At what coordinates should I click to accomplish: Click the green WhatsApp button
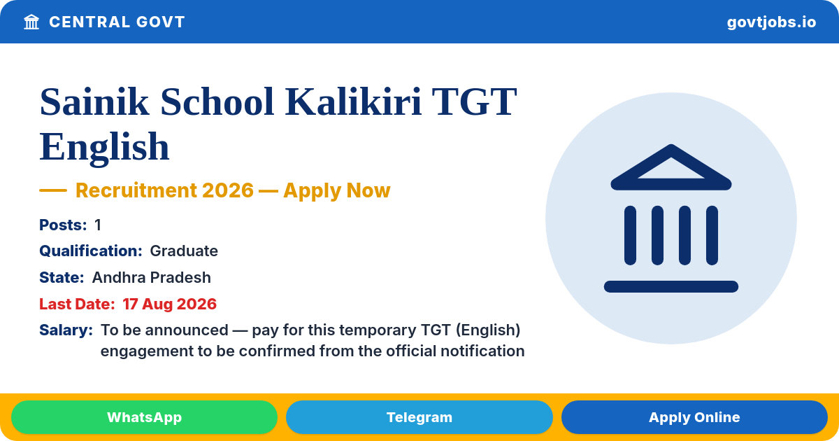pyautogui.click(x=144, y=417)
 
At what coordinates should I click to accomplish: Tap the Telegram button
pyautogui.click(x=419, y=417)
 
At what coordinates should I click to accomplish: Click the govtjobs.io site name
pyautogui.click(x=771, y=22)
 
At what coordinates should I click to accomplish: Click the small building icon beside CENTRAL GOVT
pyautogui.click(x=31, y=22)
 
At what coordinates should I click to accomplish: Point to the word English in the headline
pyautogui.click(x=104, y=147)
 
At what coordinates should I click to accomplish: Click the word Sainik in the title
pyautogui.click(x=94, y=101)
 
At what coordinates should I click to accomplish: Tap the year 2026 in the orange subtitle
pyautogui.click(x=228, y=190)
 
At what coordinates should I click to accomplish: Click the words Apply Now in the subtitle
pyautogui.click(x=337, y=190)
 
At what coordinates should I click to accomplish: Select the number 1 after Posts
pyautogui.click(x=98, y=225)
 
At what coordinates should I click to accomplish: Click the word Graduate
pyautogui.click(x=184, y=251)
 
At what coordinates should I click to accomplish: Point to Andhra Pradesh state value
pyautogui.click(x=151, y=277)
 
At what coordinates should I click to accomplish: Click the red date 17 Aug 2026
pyautogui.click(x=169, y=304)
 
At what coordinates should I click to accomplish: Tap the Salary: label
pyautogui.click(x=66, y=330)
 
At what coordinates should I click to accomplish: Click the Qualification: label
pyautogui.click(x=91, y=251)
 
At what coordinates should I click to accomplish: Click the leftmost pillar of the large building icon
pyautogui.click(x=630, y=235)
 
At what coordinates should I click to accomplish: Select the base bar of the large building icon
pyautogui.click(x=671, y=286)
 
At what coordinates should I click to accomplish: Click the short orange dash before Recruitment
pyautogui.click(x=53, y=190)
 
